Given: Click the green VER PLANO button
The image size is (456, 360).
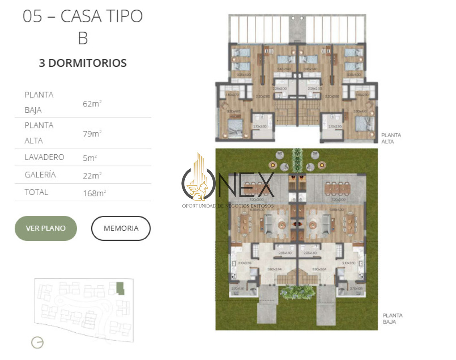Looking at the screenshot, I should pos(46,228).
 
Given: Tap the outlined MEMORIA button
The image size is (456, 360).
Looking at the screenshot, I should pos(121,228).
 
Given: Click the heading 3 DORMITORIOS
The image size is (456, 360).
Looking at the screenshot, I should pos(82,63).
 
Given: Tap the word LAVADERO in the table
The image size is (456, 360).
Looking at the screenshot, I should pos(44,157).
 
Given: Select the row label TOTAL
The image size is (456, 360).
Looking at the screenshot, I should pos(36,192).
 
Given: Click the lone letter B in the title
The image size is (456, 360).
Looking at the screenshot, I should pos(83,38).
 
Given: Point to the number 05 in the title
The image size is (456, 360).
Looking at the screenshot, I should pos(33,16).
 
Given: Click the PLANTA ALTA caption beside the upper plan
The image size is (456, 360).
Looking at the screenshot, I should pos(391,138).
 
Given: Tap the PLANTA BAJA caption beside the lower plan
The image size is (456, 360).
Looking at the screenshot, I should pos(392,318).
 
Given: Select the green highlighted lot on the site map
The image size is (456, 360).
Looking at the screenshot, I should pos(120,288).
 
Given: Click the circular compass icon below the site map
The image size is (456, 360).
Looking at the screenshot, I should pos(38,342).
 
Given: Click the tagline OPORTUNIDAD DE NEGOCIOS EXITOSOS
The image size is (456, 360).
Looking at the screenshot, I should pos(228,206).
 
